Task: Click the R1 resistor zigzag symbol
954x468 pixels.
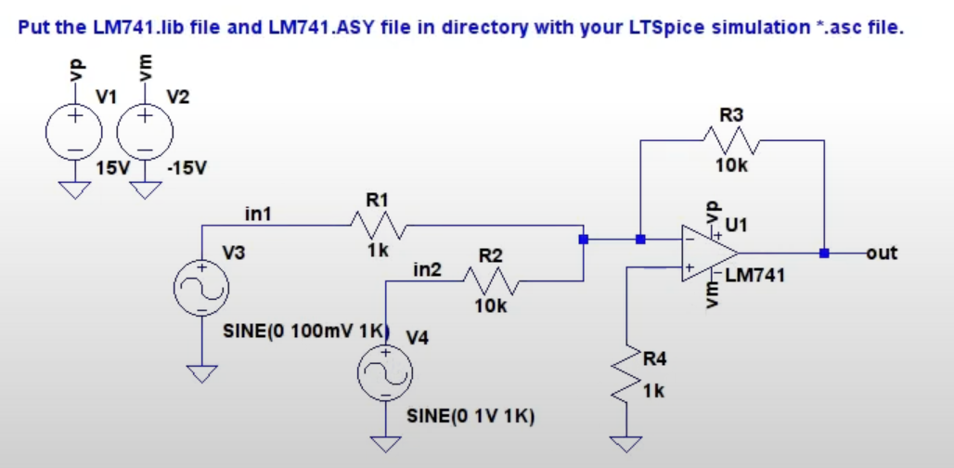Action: click(377, 224)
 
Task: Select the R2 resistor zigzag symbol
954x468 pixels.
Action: click(490, 279)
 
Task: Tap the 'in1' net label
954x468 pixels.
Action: click(257, 214)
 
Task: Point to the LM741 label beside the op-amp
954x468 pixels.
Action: click(755, 275)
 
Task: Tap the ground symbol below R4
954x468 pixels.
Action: click(626, 442)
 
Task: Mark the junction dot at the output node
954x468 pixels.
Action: click(824, 252)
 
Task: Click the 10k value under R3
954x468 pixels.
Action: click(731, 165)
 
